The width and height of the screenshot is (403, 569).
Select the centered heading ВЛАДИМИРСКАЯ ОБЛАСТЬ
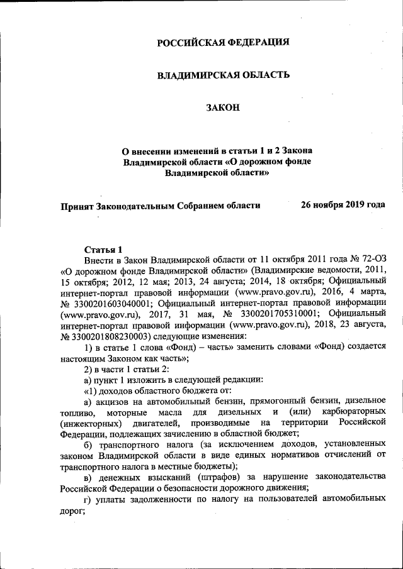pos(223,75)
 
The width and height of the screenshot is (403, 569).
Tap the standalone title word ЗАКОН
pos(223,109)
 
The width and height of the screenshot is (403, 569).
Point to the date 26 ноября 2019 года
pos(343,205)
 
